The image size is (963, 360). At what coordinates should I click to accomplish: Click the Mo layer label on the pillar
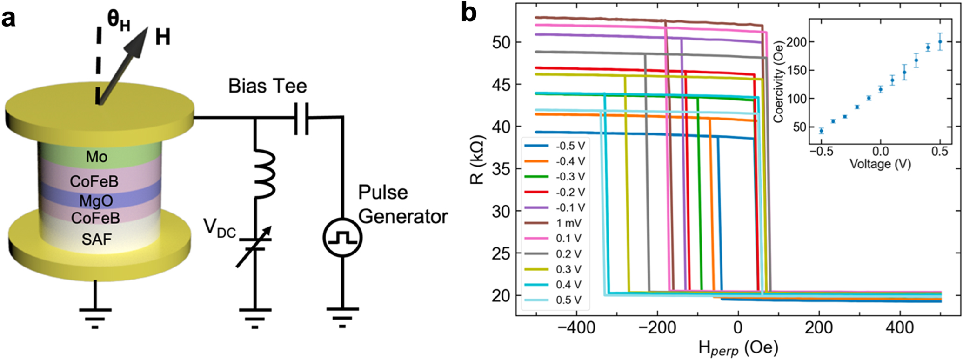pos(96,157)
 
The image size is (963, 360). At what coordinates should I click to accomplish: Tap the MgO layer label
pos(96,201)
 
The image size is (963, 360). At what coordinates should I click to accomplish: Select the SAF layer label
pos(96,240)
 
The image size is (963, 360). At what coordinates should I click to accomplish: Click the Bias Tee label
pos(267,86)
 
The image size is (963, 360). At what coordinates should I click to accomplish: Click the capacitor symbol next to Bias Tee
pos(301,118)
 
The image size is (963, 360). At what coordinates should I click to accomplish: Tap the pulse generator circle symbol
pos(342,238)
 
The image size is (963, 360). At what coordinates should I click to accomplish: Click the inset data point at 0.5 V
pos(940,42)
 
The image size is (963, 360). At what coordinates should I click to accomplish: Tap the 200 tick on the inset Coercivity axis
pos(794,42)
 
